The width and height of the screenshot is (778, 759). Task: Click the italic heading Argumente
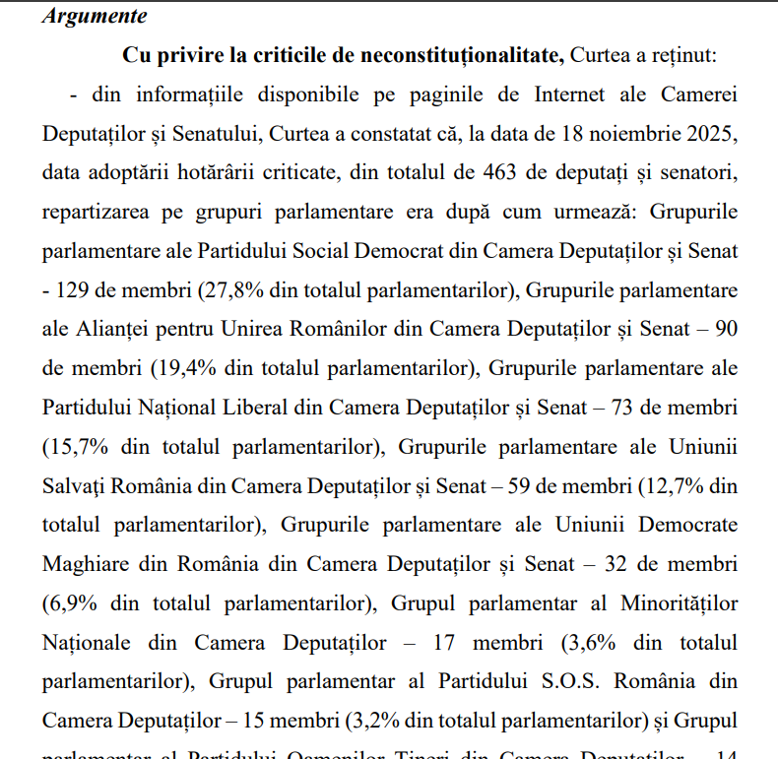(95, 17)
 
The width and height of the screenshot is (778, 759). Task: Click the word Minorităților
(679, 601)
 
